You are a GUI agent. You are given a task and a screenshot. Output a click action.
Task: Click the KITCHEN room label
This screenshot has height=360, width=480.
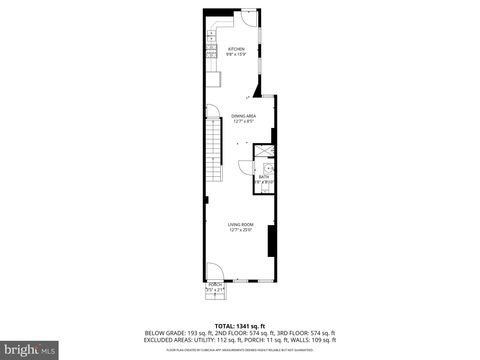click(x=236, y=49)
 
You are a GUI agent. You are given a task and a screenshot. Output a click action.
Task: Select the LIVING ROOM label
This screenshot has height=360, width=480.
click(x=240, y=224)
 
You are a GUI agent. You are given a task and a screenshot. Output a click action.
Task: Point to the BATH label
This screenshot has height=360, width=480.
click(x=263, y=177)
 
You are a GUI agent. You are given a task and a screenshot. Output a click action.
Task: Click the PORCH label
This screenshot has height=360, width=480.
click(x=214, y=284)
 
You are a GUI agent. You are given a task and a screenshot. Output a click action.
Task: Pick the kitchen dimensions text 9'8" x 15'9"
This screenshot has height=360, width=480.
click(x=236, y=55)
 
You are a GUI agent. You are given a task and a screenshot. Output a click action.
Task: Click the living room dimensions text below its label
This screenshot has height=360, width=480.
click(x=240, y=230)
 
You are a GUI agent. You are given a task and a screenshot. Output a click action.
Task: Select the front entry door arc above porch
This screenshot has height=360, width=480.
click(x=214, y=270)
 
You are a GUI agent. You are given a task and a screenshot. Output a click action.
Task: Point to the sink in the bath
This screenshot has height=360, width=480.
click(x=267, y=168)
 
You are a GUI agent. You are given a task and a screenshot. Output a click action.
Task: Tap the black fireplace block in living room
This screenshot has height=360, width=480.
click(x=272, y=243)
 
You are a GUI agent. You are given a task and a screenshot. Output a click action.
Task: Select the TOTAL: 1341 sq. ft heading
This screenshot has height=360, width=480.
click(x=240, y=326)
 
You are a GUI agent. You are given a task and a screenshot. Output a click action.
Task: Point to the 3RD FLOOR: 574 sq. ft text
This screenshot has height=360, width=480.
click(x=308, y=333)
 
